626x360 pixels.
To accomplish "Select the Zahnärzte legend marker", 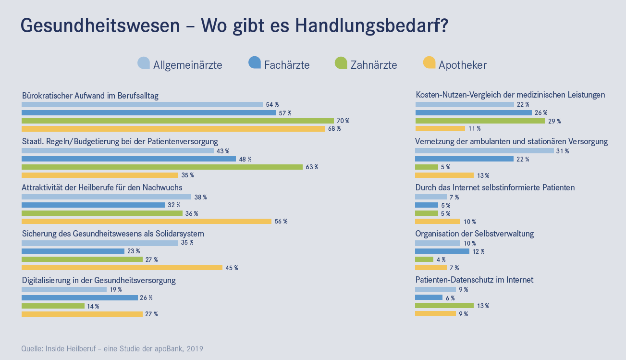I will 341,63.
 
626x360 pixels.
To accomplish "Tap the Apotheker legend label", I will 462,65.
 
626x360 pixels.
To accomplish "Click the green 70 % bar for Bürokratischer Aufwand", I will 178,121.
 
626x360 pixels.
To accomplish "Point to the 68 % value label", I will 334,129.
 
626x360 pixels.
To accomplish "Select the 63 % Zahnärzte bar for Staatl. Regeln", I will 162,167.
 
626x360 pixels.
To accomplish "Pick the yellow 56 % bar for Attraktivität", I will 147,221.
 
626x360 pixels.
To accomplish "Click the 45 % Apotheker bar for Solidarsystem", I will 122,267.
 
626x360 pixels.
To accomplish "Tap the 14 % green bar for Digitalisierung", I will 53,306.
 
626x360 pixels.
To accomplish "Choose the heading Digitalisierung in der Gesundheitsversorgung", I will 99,280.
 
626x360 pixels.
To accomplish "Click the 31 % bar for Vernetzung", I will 484,151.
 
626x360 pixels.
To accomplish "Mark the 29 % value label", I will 554,121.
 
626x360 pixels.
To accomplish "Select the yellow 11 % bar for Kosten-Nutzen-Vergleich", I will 440,128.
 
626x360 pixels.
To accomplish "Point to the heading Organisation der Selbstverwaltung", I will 475,234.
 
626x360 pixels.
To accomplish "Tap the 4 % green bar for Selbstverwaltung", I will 424,260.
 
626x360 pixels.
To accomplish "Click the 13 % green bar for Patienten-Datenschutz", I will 444,306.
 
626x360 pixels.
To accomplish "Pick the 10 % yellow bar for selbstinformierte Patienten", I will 437,221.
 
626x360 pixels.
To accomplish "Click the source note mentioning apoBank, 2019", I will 112,348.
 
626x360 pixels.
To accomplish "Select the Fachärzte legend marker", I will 254,63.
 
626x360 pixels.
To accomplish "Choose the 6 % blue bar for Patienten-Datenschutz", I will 429,298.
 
